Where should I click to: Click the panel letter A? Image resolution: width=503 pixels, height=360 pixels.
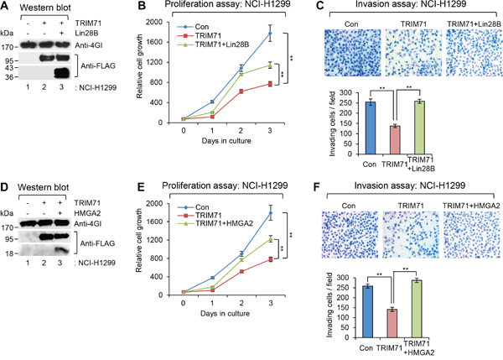click(4, 6)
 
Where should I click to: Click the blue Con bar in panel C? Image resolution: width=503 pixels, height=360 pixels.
click(371, 128)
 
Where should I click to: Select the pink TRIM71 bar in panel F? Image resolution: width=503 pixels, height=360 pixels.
click(392, 323)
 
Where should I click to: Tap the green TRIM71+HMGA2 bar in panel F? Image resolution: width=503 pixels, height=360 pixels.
click(417, 309)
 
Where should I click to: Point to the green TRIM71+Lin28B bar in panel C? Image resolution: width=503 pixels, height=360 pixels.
click(419, 128)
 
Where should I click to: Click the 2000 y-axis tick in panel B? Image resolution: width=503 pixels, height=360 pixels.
click(153, 22)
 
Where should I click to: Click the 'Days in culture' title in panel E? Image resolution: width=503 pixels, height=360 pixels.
click(225, 314)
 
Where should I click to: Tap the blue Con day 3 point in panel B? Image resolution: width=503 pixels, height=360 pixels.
click(270, 33)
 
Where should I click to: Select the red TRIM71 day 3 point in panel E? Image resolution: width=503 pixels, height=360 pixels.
click(271, 259)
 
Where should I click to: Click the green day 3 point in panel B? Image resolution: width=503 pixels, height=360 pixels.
click(270, 65)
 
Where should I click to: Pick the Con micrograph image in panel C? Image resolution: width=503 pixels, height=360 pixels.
click(353, 53)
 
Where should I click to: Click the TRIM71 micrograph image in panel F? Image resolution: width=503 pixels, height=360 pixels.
click(411, 235)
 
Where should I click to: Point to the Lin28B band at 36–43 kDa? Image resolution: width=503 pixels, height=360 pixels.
click(61, 73)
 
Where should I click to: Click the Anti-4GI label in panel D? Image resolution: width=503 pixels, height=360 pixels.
click(88, 223)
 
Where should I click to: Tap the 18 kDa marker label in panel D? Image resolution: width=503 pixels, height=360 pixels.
click(9, 253)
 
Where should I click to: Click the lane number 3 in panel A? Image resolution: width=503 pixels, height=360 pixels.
click(61, 87)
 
